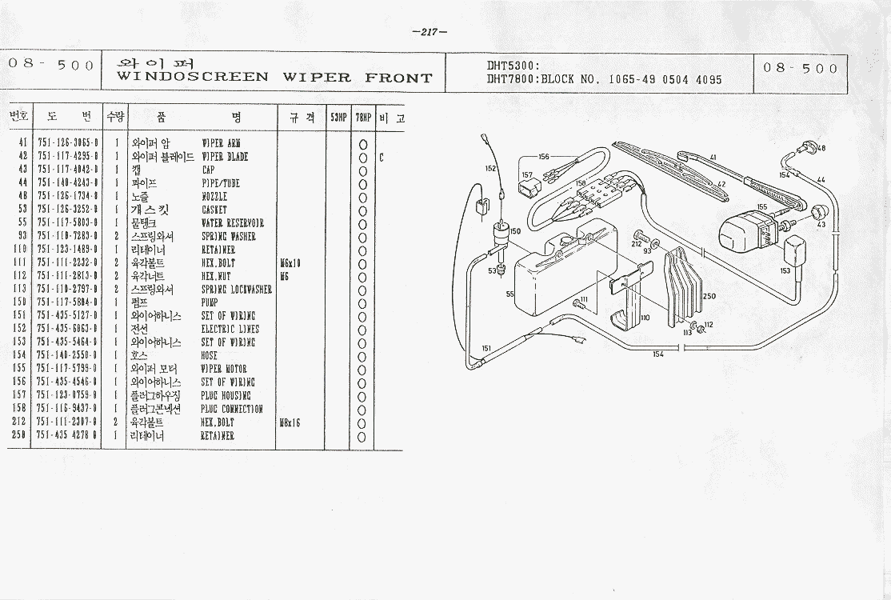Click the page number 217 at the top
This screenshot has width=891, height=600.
click(430, 32)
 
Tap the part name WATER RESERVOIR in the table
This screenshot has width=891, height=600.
click(232, 223)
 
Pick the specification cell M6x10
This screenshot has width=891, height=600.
click(291, 263)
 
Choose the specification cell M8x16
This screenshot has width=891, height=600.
click(291, 422)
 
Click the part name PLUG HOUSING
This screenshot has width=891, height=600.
click(226, 396)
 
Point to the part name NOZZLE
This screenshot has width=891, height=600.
click(214, 197)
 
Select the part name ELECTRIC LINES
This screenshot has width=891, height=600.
click(230, 330)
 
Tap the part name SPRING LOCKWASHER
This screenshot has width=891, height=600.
click(236, 290)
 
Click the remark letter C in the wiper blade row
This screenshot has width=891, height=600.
click(382, 158)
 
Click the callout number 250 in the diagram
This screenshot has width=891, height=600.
click(709, 296)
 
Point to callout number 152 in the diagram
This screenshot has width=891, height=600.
click(491, 168)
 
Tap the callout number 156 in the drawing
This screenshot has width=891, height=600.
click(544, 157)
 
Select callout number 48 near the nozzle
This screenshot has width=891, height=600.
click(821, 149)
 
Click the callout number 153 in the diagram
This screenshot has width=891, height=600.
click(785, 270)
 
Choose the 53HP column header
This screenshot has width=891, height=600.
click(338, 118)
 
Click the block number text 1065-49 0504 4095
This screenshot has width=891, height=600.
click(665, 80)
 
